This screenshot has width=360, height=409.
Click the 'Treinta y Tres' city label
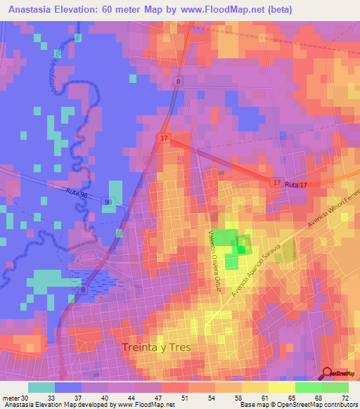pos(156,347)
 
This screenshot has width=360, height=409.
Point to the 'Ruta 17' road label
pos(297,183)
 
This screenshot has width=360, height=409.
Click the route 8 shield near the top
pos(179,82)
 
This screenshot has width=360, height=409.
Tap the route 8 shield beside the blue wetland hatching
pos(83,289)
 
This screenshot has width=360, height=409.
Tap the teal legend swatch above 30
pos(41,387)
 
